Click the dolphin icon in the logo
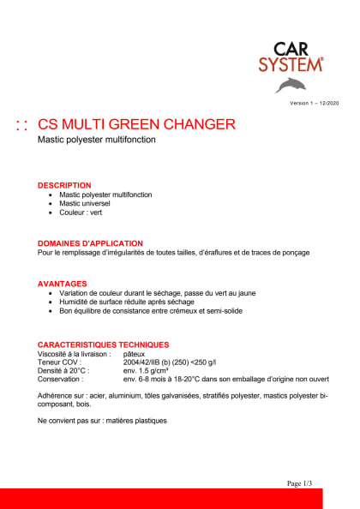[291, 84]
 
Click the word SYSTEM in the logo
[291, 63]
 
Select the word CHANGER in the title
[201, 124]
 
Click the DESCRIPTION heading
[64, 185]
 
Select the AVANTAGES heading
[63, 284]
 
